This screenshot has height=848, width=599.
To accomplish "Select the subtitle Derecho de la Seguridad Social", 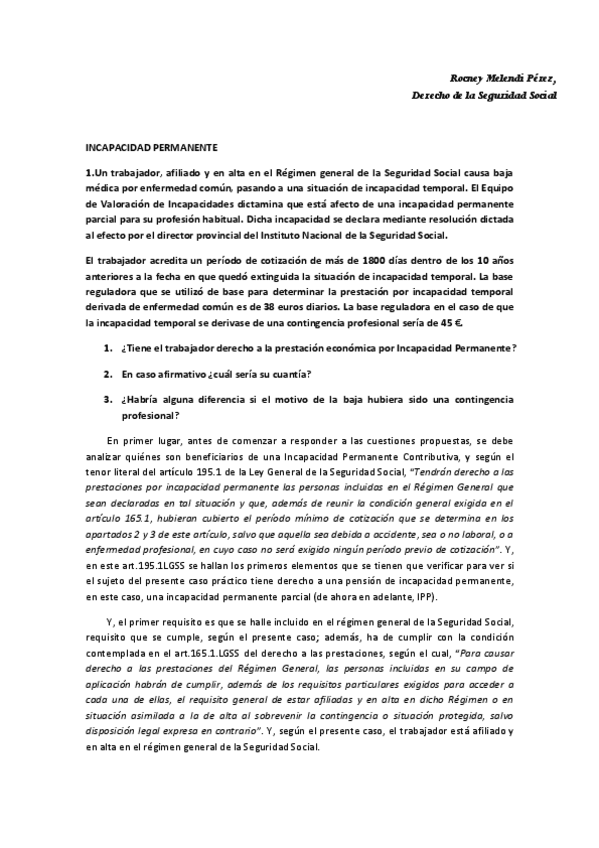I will (484, 96).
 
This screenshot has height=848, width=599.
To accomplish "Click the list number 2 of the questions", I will (108, 374).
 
